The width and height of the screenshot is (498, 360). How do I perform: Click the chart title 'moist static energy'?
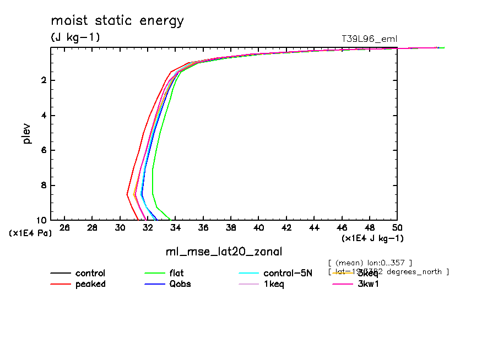point(117,21)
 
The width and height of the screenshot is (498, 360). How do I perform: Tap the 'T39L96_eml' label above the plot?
point(369,39)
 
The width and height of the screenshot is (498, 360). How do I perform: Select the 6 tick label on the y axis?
point(42,150)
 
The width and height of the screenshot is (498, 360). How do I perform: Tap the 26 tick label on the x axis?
point(65,228)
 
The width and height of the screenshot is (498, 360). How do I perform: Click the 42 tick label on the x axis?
point(286,228)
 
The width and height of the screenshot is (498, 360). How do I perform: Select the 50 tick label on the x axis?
point(397,228)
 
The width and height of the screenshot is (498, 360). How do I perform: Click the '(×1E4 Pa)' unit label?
point(30,233)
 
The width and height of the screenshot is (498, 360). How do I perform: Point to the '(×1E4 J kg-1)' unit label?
point(372,238)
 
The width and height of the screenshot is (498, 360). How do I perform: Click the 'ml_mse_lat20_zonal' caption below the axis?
point(224,252)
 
